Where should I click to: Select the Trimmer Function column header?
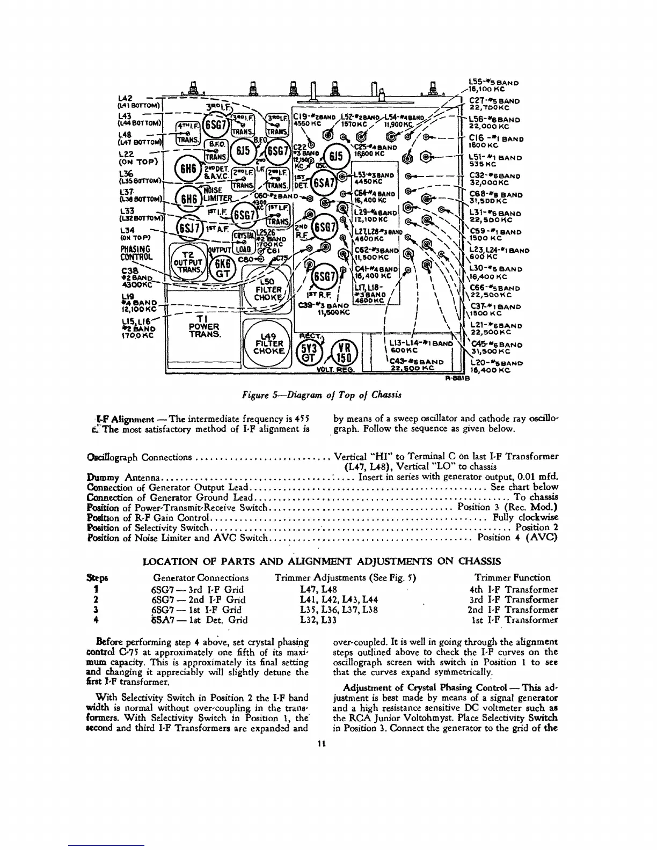click(512, 578)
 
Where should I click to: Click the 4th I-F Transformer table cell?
click(513, 589)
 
